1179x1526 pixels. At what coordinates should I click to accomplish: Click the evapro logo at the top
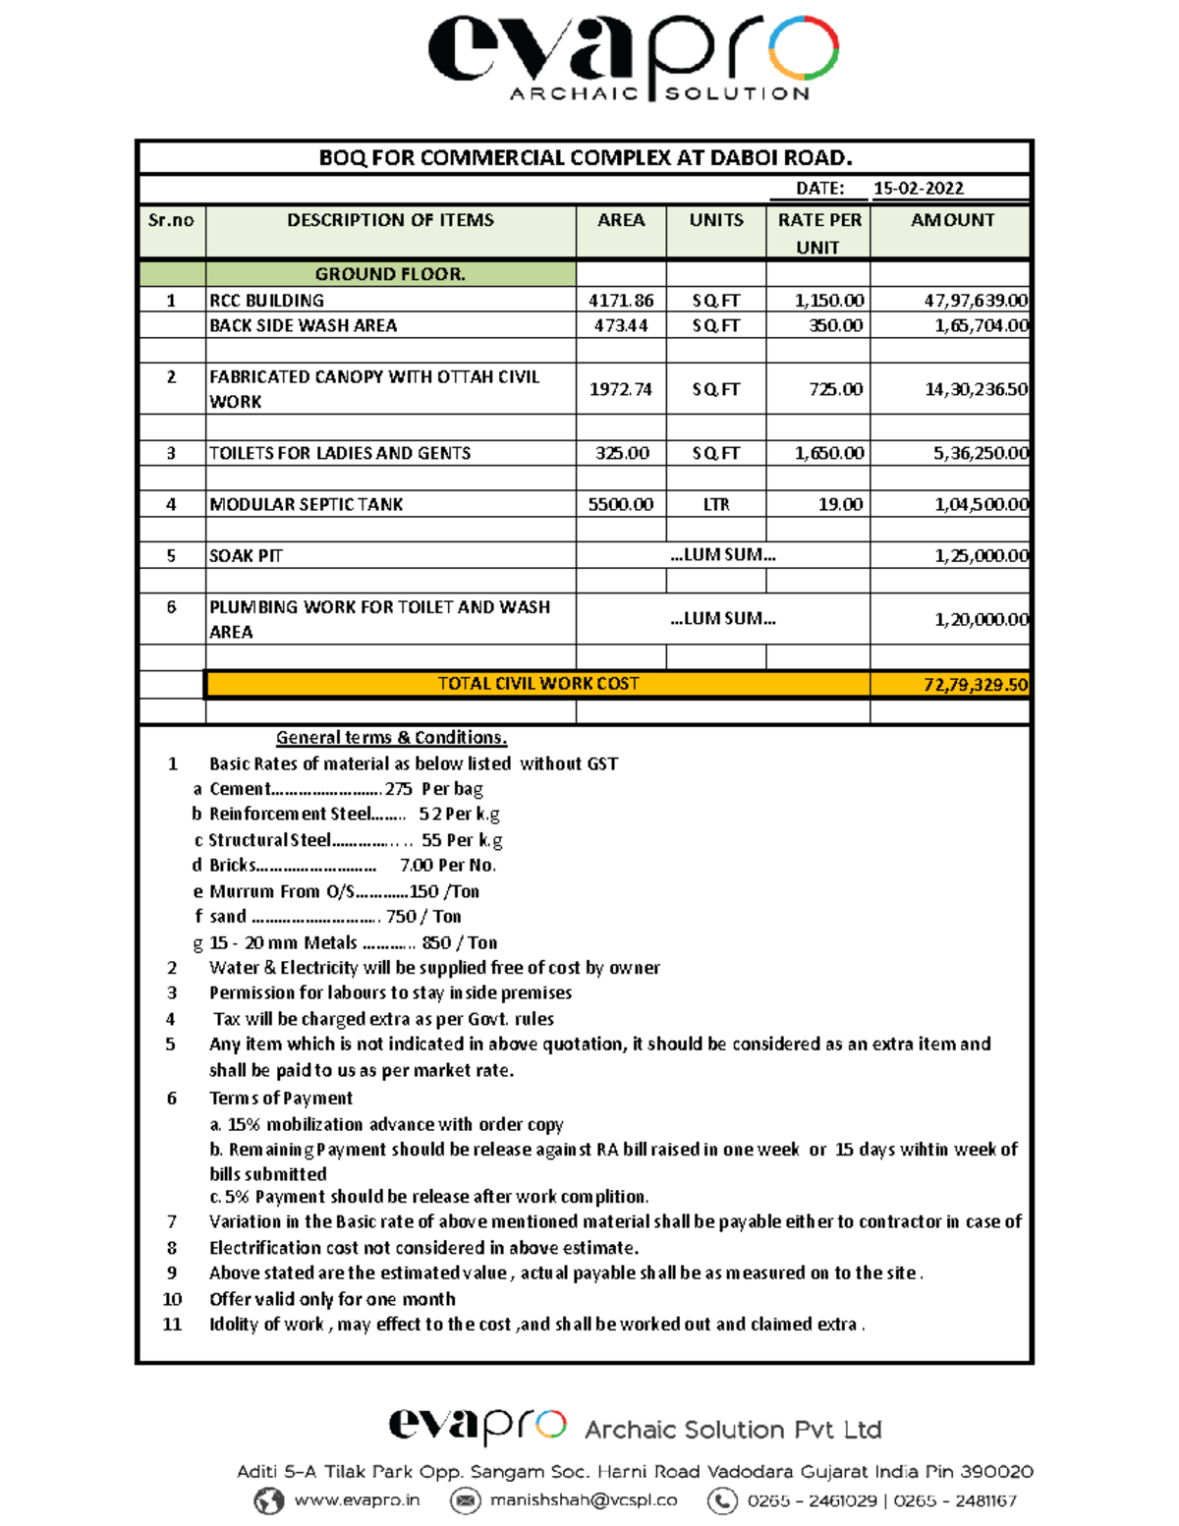[634, 57]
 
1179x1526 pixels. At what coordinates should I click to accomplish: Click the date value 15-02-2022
[918, 189]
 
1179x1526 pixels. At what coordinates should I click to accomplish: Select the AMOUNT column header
[951, 221]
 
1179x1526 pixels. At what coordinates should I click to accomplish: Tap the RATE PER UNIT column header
[818, 233]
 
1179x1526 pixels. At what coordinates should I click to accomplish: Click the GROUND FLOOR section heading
[390, 274]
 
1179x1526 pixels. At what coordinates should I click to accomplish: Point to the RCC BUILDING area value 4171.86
[621, 301]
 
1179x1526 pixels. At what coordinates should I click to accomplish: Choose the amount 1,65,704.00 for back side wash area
[980, 326]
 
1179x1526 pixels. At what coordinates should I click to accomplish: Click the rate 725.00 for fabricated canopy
[835, 390]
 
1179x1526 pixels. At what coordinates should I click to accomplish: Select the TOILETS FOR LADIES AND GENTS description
[340, 453]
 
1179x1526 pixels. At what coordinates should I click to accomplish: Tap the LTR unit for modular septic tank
[715, 505]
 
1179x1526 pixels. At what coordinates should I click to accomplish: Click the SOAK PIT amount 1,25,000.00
[980, 556]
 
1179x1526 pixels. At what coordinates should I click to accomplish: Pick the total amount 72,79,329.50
[975, 685]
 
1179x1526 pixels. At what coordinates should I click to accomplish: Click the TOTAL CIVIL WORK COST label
[537, 684]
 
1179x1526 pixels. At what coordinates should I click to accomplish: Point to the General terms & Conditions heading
[391, 738]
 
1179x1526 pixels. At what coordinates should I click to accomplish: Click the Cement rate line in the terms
[346, 789]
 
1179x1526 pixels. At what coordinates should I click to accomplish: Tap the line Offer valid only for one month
[332, 1299]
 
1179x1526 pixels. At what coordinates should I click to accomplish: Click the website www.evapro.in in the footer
[357, 1500]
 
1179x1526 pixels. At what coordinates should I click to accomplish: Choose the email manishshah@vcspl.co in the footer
[584, 1500]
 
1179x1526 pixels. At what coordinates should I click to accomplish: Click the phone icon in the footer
[722, 1500]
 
